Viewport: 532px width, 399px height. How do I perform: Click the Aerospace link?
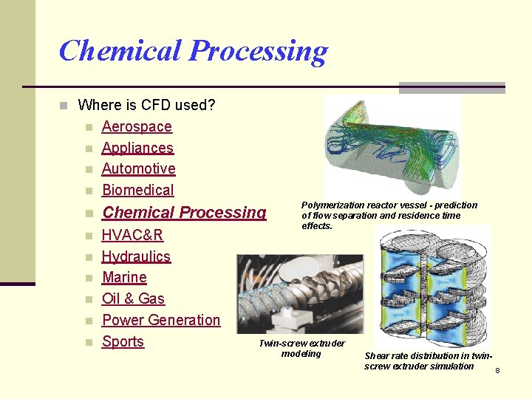pos(137,126)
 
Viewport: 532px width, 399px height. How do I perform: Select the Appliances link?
pos(137,148)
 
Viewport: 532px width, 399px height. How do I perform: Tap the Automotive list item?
pos(138,168)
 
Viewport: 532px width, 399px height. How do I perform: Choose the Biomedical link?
pos(137,190)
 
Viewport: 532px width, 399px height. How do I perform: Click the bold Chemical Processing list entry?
pos(184,213)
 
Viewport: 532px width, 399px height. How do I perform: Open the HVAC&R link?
pos(132,235)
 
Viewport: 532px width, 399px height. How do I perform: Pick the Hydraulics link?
pos(136,256)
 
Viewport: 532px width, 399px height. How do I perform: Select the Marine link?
pos(124,277)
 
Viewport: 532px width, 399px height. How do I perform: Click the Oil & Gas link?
pos(133,299)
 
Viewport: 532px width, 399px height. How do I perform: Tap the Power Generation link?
pos(161,320)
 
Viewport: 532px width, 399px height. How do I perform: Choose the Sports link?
pos(123,341)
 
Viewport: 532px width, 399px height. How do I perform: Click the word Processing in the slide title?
pos(258,51)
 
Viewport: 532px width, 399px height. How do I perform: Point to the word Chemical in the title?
pos(120,51)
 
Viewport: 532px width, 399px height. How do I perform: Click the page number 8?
pos(497,370)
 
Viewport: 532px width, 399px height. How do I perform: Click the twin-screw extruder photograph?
pos(300,293)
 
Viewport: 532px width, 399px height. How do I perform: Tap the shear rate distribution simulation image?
pos(432,287)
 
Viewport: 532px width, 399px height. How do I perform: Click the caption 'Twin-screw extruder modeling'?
pos(301,349)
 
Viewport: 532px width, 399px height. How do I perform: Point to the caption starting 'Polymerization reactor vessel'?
pos(389,215)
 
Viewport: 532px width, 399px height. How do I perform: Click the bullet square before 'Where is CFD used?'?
pos(64,106)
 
